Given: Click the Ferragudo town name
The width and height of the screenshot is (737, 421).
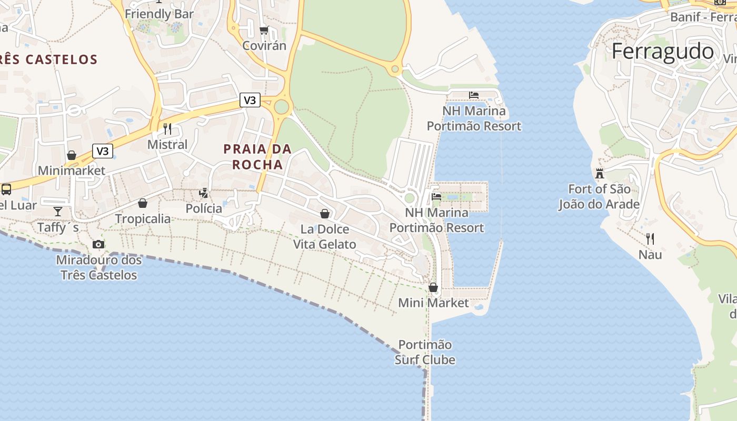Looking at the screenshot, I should pos(663,52).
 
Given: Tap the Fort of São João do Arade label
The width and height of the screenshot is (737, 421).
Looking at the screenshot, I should pos(599,196).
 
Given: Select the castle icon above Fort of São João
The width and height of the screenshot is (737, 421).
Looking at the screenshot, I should pos(599,173).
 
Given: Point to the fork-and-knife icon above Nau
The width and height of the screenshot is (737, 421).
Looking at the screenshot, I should pos(650,239).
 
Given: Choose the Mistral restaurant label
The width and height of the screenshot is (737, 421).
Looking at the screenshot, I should pos(167,144).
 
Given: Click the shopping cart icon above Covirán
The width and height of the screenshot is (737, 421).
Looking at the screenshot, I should pos(264,31).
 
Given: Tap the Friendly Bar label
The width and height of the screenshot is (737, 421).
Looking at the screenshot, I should pos(160,14).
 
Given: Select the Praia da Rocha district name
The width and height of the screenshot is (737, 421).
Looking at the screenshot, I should pos(257,157).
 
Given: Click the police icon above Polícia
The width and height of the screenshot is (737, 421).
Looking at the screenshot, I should pos(204,193).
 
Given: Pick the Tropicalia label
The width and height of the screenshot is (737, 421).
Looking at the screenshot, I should pos(143,218).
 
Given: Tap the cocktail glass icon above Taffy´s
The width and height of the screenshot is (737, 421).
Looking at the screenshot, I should pos(57,212).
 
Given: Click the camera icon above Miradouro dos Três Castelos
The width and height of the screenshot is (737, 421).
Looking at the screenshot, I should pos(98,244).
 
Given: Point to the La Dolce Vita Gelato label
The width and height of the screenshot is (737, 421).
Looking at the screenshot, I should pos(325,237).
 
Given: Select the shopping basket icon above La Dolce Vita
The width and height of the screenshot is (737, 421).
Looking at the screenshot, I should pos(325,214).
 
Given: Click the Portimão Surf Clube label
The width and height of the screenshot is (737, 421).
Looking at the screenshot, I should pos(425,352).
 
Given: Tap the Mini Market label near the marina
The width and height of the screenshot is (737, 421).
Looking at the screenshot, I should pos(433,303).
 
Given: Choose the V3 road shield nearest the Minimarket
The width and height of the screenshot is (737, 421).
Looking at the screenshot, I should pos(103,151).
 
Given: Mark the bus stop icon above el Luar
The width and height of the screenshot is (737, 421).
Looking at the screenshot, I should pos(6,189).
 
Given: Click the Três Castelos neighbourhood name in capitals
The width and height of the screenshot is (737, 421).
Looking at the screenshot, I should pos(49,59).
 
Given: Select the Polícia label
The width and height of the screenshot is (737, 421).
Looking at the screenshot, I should pos(204,208).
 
